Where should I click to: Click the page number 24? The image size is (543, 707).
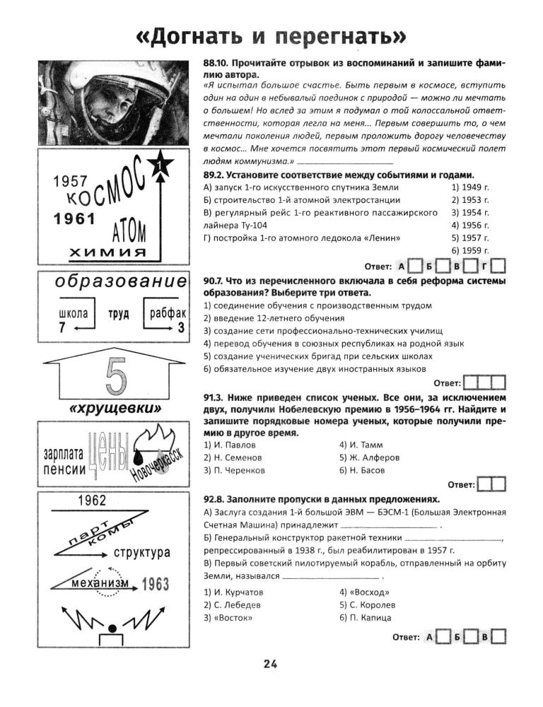point(271,663)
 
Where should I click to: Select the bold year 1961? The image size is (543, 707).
point(74,218)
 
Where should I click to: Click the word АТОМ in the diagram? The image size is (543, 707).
point(129,230)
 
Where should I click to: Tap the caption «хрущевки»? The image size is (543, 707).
point(116,409)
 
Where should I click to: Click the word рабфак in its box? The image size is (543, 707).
point(168,313)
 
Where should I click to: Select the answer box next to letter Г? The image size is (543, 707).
point(498,267)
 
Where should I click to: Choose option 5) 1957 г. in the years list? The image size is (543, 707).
point(470,238)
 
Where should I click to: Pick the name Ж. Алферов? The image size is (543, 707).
point(366,457)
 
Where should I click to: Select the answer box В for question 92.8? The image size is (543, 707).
point(498,637)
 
